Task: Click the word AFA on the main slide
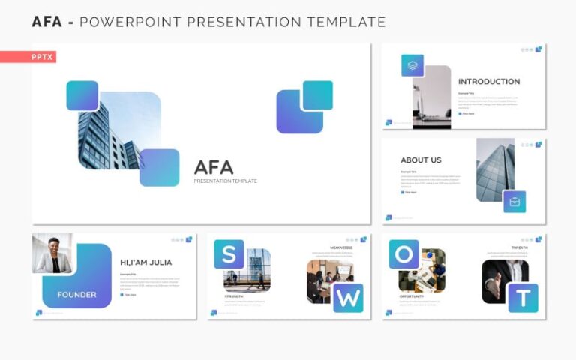tap(214, 167)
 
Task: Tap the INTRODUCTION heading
tap(488, 81)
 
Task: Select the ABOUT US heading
tap(421, 160)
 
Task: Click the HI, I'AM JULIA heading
tap(145, 262)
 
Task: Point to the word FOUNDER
tap(76, 294)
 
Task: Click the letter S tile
tap(228, 253)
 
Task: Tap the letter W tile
tap(348, 298)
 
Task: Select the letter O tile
tap(403, 253)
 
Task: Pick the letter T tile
tap(523, 298)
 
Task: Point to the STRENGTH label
tap(233, 296)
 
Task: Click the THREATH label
tap(520, 247)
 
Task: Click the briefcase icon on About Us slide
tap(514, 202)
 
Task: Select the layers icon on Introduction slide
tap(412, 65)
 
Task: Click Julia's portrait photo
tap(52, 253)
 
